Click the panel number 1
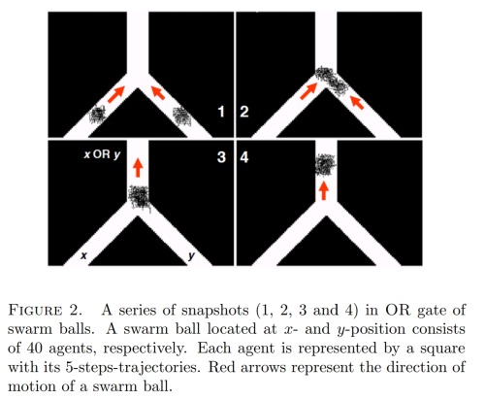221,112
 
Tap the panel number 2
244,112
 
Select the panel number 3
221,157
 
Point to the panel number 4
244,157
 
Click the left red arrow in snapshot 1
116,94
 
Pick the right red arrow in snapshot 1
158,92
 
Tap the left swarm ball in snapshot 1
97,116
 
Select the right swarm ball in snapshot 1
182,117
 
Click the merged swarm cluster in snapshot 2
332,81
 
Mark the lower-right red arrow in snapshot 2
358,103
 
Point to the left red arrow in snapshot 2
308,91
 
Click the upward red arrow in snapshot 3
138,167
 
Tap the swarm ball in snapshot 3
140,197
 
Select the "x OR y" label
102,154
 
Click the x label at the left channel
83,255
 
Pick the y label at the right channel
191,256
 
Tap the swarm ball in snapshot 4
326,165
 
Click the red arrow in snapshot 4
323,190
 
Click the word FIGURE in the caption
35,311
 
